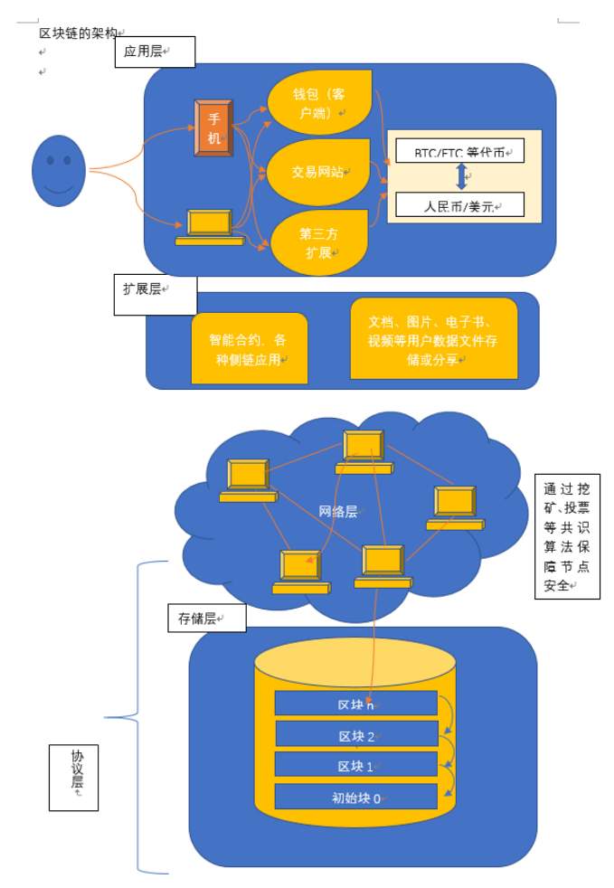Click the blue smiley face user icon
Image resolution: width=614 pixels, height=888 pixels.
(x=59, y=171)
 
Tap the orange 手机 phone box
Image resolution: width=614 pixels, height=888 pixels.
(x=213, y=128)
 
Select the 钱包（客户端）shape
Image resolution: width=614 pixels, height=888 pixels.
(x=318, y=103)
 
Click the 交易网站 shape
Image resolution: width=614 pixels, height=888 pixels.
(x=317, y=172)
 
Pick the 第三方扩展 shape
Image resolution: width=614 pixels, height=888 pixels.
(x=319, y=242)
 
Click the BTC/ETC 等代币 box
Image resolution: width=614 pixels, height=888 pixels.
(x=459, y=151)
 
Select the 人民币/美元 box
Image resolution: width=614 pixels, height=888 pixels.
(x=459, y=205)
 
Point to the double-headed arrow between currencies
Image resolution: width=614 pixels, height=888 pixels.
(x=462, y=176)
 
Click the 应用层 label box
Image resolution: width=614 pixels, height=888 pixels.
(x=155, y=52)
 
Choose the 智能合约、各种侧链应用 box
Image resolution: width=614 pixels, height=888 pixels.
(x=249, y=349)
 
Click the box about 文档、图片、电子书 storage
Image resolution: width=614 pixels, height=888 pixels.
(x=433, y=339)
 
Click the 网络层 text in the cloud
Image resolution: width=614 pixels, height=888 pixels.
(x=338, y=512)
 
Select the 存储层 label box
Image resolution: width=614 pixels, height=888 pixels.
(x=206, y=618)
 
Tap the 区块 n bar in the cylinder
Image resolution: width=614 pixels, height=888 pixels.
(x=355, y=704)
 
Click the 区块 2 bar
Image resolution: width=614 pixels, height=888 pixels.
(x=355, y=735)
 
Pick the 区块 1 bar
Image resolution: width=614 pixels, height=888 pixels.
(x=355, y=765)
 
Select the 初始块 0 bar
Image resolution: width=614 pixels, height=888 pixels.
(x=355, y=797)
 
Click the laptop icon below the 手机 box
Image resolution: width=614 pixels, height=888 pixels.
(x=210, y=227)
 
